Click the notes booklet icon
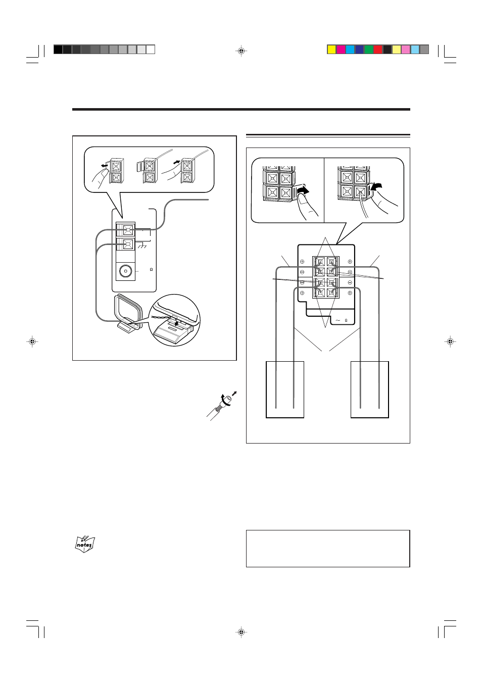click(85, 544)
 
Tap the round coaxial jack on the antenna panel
click(125, 271)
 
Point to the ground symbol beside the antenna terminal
click(142, 245)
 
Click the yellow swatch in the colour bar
click(332, 50)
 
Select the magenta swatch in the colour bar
click(341, 50)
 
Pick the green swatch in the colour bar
click(369, 50)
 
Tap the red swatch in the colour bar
click(378, 50)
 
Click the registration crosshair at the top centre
click(241, 51)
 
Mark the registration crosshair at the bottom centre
click(241, 632)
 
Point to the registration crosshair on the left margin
click(32, 341)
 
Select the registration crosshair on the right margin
click(450, 341)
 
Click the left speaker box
click(285, 389)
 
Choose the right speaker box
click(369, 389)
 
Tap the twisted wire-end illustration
click(221, 406)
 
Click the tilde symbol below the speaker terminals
click(338, 320)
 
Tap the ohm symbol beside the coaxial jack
click(151, 270)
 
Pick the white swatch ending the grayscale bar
click(151, 50)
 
